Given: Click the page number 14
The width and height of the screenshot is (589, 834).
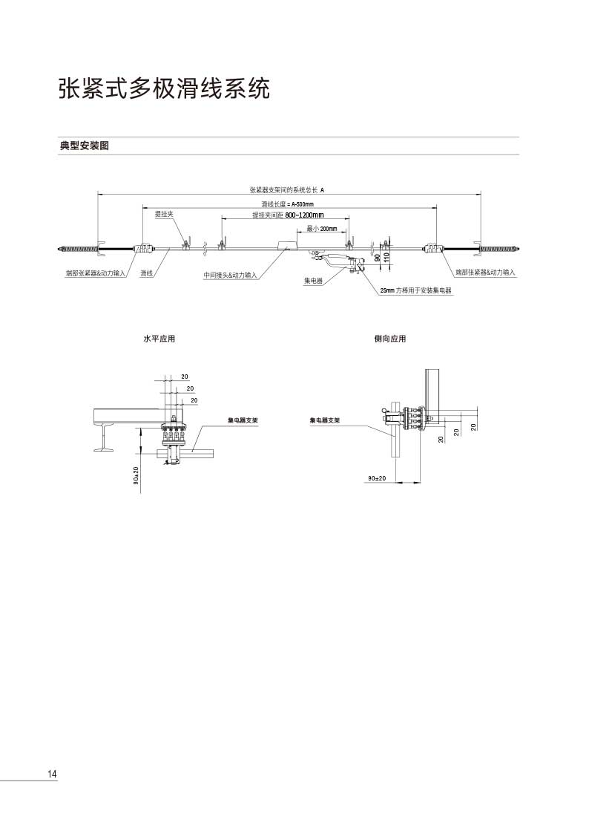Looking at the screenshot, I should coord(52,775).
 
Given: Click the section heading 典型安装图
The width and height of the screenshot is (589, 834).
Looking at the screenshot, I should coord(85,146).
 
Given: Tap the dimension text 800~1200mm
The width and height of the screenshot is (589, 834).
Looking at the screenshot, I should coord(304,215).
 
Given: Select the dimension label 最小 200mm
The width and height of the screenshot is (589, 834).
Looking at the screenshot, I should coord(322,229).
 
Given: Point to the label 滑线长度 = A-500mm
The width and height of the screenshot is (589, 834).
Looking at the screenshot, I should coord(287,203).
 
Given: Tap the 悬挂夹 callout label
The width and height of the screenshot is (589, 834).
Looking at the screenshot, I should coord(164,214).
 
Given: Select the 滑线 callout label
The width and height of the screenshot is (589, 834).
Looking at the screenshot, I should coord(147,274).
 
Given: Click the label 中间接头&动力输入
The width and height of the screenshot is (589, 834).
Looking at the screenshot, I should coord(231,276).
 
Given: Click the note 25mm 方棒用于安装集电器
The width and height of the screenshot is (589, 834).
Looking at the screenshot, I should coord(415,291).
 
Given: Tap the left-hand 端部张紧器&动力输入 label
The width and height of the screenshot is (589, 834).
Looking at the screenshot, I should coord(96,274).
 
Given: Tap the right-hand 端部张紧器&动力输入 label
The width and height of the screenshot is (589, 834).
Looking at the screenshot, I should coord(485,273).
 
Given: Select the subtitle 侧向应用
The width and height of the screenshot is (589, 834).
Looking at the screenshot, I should coord(390,339).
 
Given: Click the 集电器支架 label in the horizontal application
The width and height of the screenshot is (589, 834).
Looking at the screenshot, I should coord(243,420).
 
